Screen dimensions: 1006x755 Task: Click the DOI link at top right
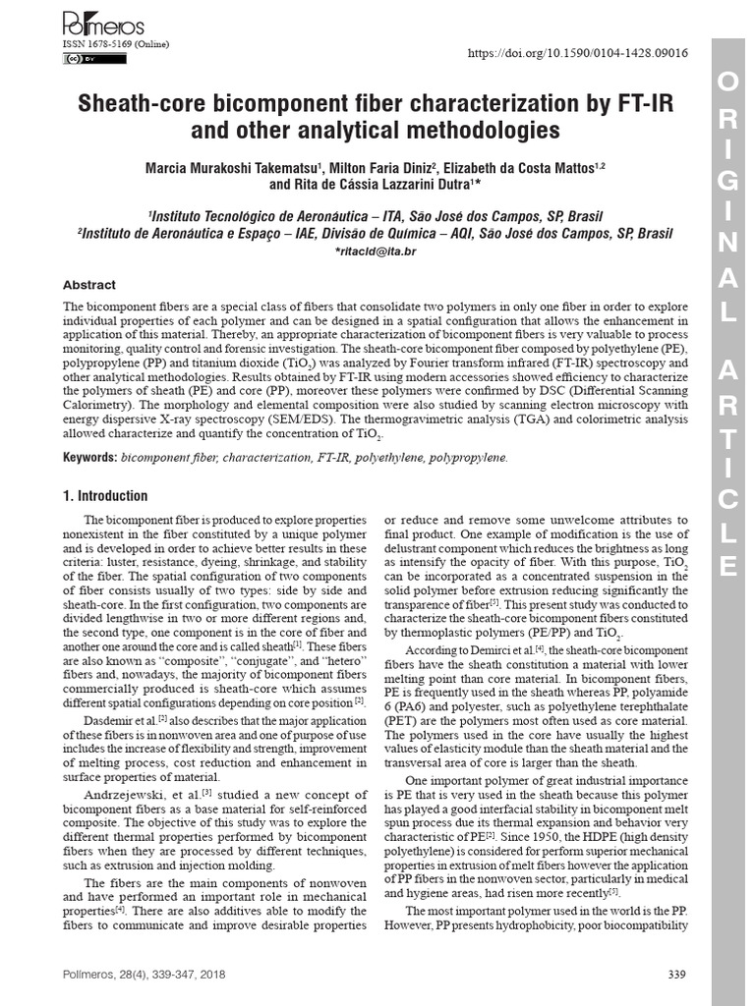tap(578, 53)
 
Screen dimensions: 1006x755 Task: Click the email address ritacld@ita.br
tap(376, 251)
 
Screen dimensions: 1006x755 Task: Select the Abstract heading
tap(89, 285)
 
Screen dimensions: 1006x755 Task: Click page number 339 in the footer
tap(676, 975)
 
